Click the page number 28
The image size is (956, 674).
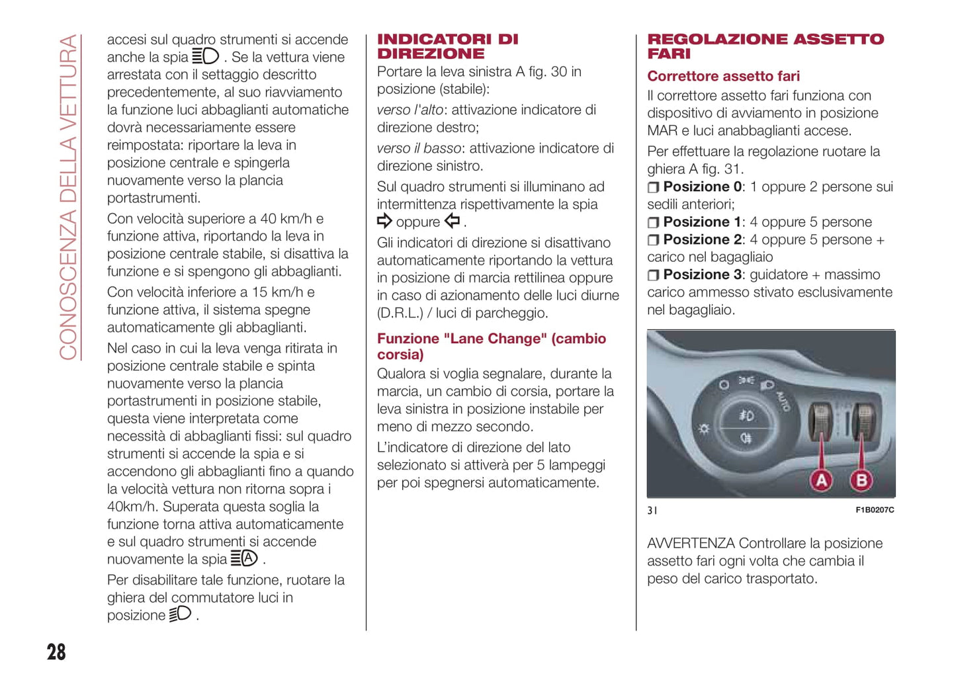(x=56, y=652)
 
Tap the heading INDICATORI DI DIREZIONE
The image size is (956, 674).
(x=447, y=46)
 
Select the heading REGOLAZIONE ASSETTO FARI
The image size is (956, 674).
(x=765, y=46)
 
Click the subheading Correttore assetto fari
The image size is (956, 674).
(x=723, y=76)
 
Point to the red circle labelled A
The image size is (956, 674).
(x=821, y=480)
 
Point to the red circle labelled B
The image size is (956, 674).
(x=861, y=480)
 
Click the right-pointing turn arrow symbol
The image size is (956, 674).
(x=384, y=222)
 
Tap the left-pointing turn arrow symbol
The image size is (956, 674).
(x=453, y=222)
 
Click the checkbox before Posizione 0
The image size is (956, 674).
(x=653, y=188)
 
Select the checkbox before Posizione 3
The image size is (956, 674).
(x=653, y=275)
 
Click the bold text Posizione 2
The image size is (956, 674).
(x=703, y=239)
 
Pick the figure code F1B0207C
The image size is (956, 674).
(x=874, y=510)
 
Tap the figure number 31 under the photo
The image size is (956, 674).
(x=652, y=510)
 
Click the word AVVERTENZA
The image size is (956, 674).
(x=691, y=544)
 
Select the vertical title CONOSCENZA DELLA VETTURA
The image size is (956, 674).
(x=68, y=197)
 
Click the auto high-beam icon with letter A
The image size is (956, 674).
(x=244, y=559)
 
